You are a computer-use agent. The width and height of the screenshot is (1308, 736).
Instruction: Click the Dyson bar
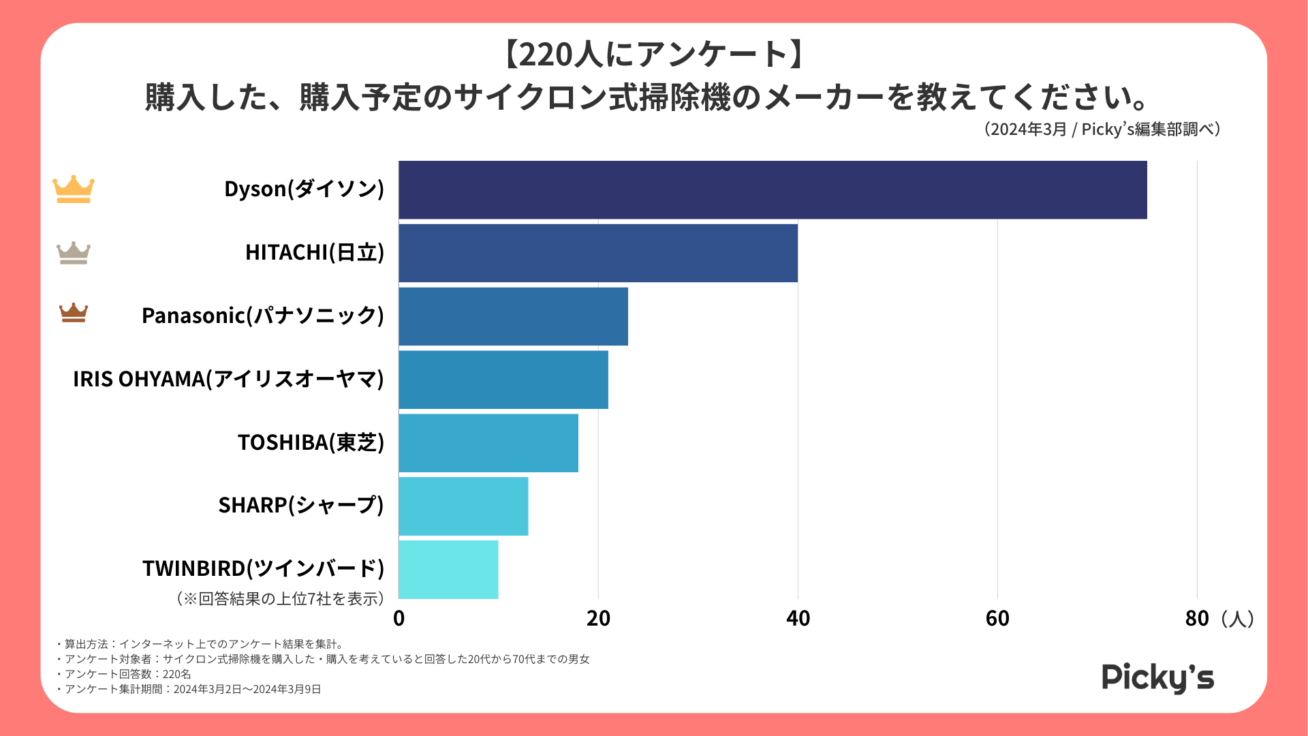773,189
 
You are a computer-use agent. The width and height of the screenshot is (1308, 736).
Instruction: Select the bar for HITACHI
598,253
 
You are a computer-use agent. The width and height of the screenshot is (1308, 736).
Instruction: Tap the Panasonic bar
513,316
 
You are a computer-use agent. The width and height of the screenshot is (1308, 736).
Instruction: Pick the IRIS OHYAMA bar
503,380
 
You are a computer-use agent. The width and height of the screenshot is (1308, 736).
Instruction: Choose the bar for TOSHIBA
488,443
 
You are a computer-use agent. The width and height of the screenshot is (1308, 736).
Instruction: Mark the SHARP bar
463,506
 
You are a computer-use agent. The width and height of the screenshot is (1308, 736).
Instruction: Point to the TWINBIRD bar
448,570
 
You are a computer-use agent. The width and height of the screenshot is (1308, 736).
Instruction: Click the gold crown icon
74,189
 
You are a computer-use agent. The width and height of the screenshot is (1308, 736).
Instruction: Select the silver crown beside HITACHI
74,253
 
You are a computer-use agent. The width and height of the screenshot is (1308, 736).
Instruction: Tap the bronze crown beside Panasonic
74,313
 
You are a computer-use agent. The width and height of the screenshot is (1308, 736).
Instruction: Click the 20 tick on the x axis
598,618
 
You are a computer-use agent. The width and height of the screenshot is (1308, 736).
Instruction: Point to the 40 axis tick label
798,618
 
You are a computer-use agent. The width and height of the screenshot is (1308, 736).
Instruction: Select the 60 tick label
997,618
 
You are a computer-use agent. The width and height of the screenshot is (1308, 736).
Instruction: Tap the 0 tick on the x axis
399,618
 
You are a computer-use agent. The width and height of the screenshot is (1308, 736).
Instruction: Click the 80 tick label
1197,618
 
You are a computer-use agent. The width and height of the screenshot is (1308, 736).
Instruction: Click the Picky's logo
1157,677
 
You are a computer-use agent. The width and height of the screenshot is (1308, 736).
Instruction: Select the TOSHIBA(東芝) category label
311,442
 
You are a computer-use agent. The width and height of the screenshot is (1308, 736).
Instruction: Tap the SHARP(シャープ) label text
301,505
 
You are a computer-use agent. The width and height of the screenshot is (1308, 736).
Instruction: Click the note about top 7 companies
281,598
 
